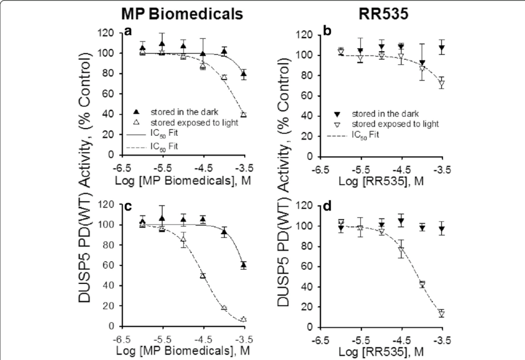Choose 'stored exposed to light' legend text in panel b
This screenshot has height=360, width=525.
pyautogui.click(x=387, y=124)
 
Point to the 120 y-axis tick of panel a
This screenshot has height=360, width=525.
pyautogui.click(x=111, y=33)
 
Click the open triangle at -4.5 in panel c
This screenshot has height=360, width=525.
pyautogui.click(x=203, y=276)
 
